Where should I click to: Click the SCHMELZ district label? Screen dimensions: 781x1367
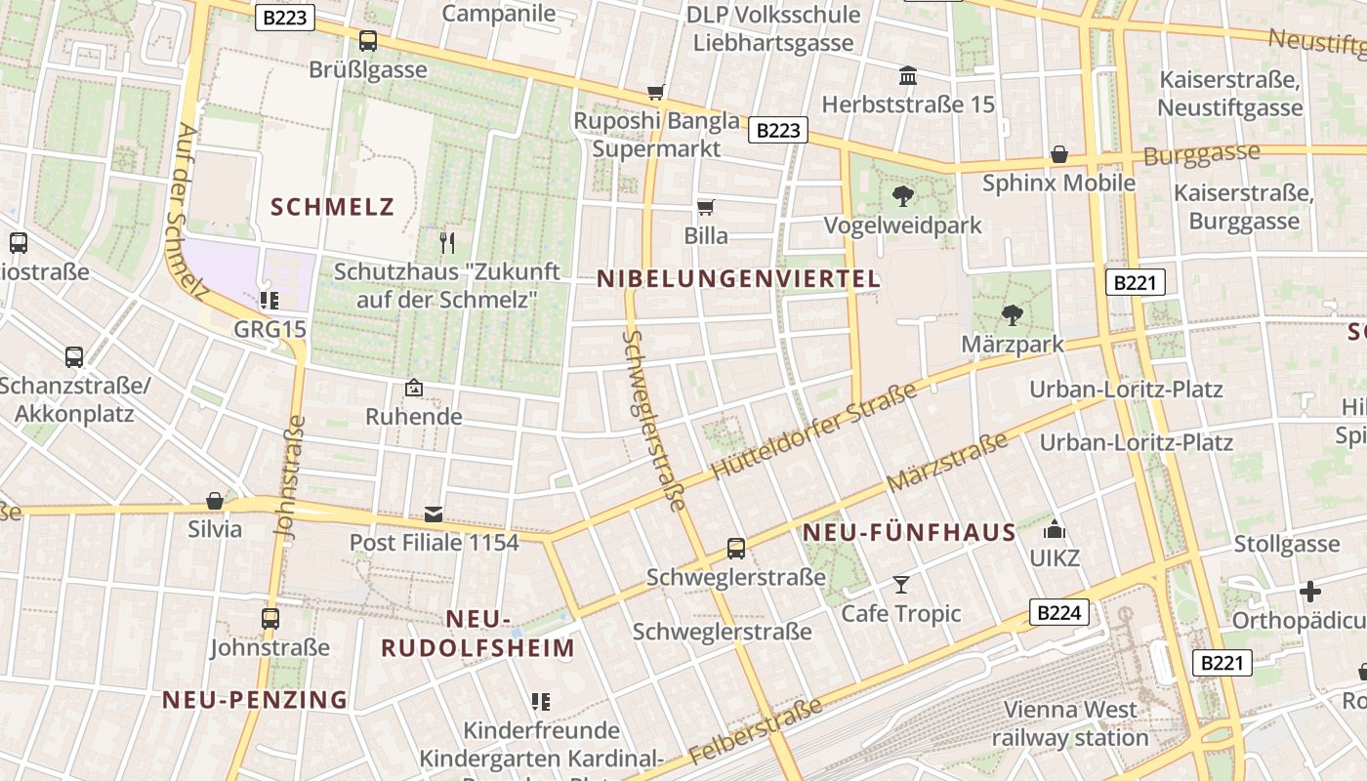coord(332,207)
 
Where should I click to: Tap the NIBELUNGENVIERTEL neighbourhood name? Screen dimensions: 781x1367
coord(738,279)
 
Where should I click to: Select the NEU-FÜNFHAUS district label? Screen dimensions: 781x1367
coord(909,533)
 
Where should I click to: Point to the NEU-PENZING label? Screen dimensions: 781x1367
coord(255,699)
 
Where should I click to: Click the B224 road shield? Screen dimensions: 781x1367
coord(1058,613)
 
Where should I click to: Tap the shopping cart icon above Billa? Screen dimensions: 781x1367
coord(705,207)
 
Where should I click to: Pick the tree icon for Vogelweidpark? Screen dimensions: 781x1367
coord(903,196)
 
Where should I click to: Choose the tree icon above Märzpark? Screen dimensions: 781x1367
coord(1013,315)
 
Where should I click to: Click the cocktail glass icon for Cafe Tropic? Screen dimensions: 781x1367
coord(901,585)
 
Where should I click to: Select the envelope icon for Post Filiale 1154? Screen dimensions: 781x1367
coord(434,514)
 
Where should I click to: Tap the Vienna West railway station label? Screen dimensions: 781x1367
coord(1070,723)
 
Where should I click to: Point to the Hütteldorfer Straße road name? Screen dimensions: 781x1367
coord(814,431)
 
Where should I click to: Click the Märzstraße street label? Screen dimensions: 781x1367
coord(946,464)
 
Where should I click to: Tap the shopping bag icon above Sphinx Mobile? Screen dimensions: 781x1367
coord(1059,154)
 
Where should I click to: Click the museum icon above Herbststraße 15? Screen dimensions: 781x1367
coord(908,75)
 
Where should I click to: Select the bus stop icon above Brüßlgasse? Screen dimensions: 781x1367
coord(368,41)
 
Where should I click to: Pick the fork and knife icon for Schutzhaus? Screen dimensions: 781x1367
coord(447,242)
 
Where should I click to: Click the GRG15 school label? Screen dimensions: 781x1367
coord(269,329)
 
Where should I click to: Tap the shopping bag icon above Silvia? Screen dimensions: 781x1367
coord(215,501)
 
